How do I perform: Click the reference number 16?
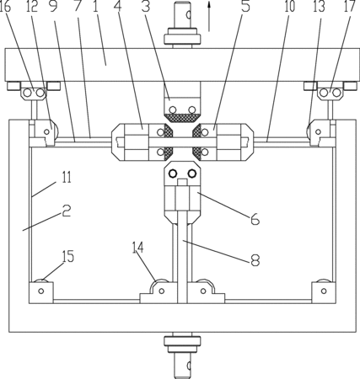(5, 7)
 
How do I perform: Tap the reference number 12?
(31, 7)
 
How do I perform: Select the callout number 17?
(350, 7)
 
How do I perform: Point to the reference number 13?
(319, 7)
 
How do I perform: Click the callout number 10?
(289, 7)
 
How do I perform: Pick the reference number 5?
(245, 7)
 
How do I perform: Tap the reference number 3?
(146, 7)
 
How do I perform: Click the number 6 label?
(255, 219)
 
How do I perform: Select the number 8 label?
(255, 260)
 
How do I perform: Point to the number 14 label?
(138, 248)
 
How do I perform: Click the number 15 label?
(68, 256)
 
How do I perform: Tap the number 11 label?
(67, 178)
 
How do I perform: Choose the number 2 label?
(67, 211)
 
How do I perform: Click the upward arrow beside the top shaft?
(209, 15)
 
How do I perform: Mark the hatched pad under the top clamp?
(183, 118)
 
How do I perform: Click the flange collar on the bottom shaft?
(183, 344)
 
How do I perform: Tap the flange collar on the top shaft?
(183, 35)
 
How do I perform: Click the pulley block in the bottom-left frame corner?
(41, 291)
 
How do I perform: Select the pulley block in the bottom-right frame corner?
(324, 291)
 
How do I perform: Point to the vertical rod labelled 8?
(183, 257)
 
